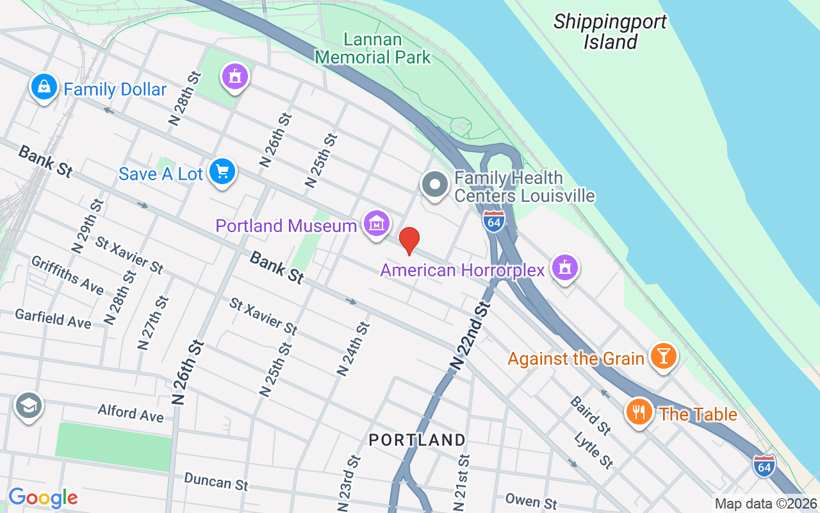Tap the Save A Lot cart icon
(222, 172)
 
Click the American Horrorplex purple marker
(564, 267)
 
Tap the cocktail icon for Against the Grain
(663, 356)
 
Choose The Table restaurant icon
(639, 412)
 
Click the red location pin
(409, 240)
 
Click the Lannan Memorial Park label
(373, 48)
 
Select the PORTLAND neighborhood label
(417, 440)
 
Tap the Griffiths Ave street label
(67, 274)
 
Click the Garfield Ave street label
(53, 318)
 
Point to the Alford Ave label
(131, 412)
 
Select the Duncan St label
(216, 481)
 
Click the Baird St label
(590, 415)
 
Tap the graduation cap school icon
(29, 406)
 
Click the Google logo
(44, 497)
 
